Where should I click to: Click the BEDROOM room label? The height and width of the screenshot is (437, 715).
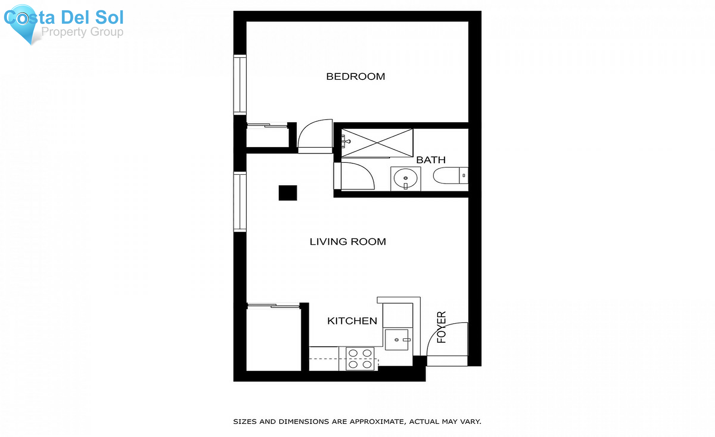tap(356, 76)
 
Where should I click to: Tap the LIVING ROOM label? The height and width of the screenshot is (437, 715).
tap(348, 242)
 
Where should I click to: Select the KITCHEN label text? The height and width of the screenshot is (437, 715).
tap(352, 321)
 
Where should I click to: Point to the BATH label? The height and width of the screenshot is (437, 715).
tap(431, 160)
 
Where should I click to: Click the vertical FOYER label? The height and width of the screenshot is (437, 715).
tap(441, 327)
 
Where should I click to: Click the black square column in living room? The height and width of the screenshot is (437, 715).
tap(288, 193)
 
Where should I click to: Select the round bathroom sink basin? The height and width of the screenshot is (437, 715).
tap(405, 179)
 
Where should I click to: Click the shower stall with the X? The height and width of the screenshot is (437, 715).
tap(377, 143)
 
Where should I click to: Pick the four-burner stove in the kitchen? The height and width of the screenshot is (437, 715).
tap(360, 359)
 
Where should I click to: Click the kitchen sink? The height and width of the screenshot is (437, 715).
tap(396, 340)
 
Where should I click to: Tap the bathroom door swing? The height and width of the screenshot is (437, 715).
tap(357, 176)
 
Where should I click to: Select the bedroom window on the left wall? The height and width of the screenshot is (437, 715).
tap(240, 85)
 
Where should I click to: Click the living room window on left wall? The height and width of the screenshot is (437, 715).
tap(240, 201)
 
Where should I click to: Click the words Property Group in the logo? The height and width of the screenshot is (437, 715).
tap(82, 32)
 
